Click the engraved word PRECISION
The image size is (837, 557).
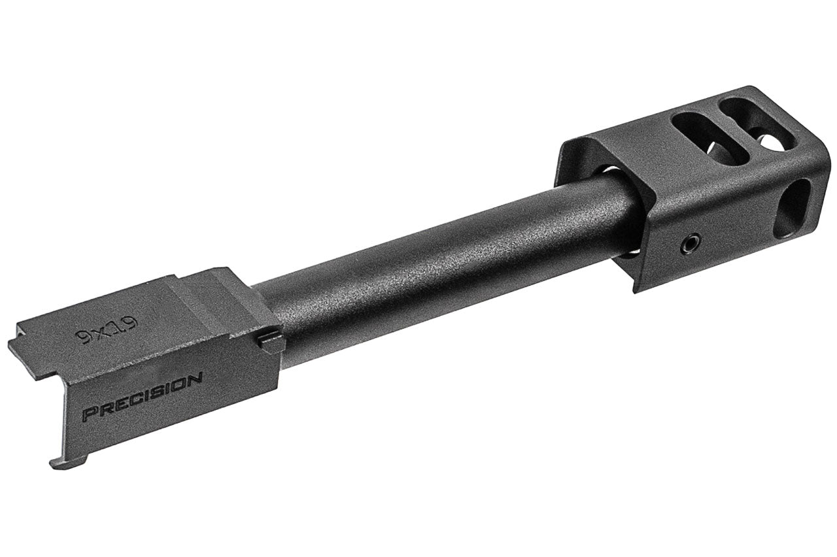142,396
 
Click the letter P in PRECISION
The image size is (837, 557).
88,414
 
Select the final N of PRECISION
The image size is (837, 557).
194,378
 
